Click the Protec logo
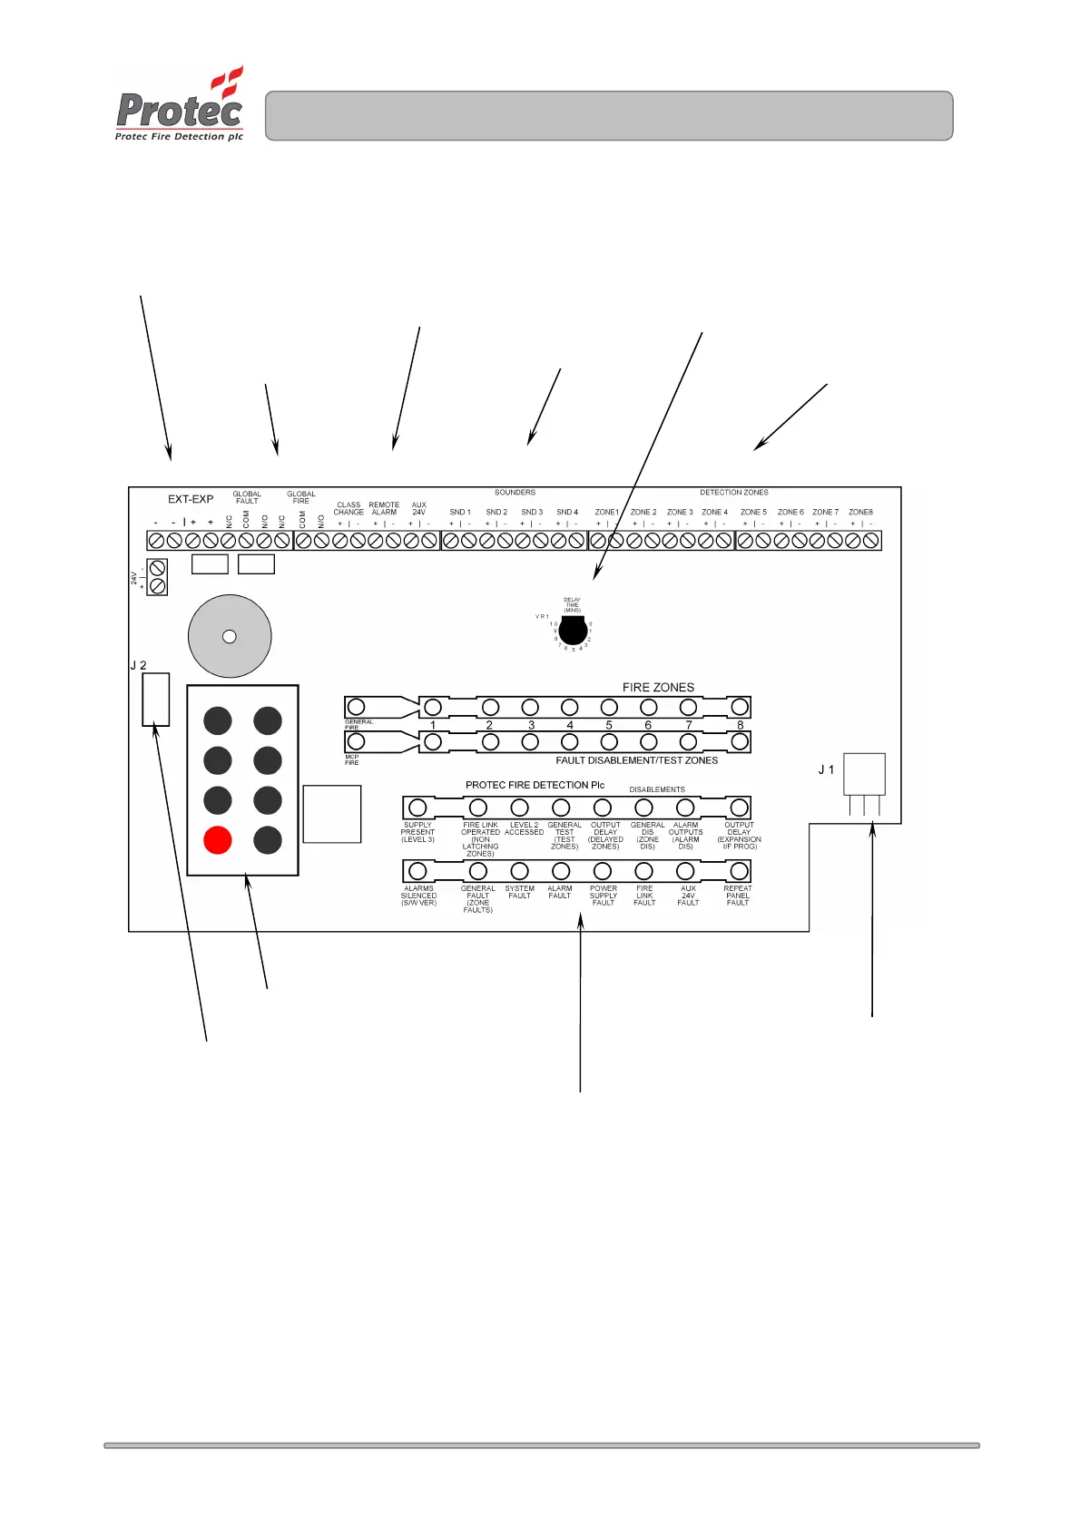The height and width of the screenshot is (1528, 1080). pyautogui.click(x=180, y=104)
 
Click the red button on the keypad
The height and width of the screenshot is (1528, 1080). pyautogui.click(x=218, y=840)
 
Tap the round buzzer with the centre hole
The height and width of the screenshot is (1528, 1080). pyautogui.click(x=230, y=636)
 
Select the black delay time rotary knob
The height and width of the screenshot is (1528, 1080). pyautogui.click(x=573, y=630)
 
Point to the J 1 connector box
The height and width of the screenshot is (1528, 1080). pyautogui.click(x=864, y=774)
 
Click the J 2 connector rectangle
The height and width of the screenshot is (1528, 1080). pyautogui.click(x=156, y=699)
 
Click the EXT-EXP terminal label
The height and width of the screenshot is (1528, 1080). pyautogui.click(x=191, y=499)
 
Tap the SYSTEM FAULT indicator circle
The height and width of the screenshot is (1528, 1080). pyautogui.click(x=519, y=871)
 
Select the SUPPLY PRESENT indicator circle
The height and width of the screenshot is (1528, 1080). pyautogui.click(x=417, y=808)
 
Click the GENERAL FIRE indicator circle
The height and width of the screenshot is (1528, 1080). pyautogui.click(x=357, y=707)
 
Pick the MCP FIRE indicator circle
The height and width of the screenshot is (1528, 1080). pyautogui.click(x=357, y=742)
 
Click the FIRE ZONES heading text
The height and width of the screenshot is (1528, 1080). pyautogui.click(x=658, y=688)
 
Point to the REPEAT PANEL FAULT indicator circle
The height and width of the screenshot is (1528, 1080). pyautogui.click(x=740, y=871)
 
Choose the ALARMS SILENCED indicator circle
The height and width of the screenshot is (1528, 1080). pyautogui.click(x=417, y=871)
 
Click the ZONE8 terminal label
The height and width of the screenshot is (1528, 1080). pyautogui.click(x=860, y=513)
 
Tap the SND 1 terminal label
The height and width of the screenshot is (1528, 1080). pyautogui.click(x=460, y=513)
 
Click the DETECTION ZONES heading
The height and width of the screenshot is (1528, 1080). pyautogui.click(x=733, y=493)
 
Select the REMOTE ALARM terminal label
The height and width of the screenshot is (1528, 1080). pyautogui.click(x=384, y=508)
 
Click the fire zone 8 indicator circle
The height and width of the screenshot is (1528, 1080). pyautogui.click(x=740, y=707)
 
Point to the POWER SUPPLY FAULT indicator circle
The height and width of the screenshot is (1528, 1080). pyautogui.click(x=603, y=871)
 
